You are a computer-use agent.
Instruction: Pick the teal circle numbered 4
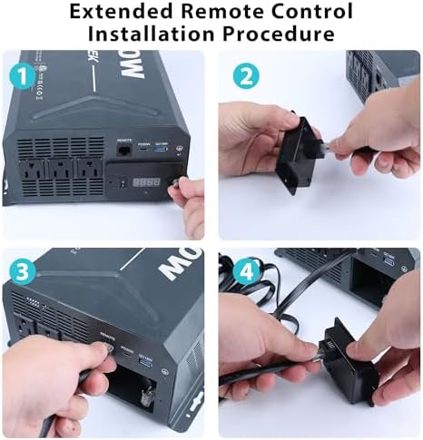tap(243, 271)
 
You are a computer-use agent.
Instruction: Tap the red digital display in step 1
tap(149, 181)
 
